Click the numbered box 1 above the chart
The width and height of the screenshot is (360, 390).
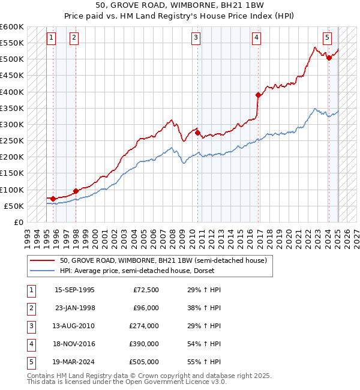(x=51, y=38)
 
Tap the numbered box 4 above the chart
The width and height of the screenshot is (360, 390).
(x=256, y=38)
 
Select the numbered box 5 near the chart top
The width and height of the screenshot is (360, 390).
(x=328, y=38)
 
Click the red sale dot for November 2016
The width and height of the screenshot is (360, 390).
(x=258, y=95)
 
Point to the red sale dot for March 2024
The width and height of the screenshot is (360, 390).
(x=329, y=58)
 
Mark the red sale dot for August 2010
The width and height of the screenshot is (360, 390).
(x=197, y=133)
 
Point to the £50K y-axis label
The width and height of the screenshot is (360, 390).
(x=14, y=206)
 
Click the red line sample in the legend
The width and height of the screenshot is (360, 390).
(x=43, y=260)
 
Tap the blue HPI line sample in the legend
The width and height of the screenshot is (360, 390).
(x=43, y=271)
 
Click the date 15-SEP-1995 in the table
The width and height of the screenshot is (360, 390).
(x=74, y=290)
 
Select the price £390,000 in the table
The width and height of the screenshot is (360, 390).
(x=144, y=344)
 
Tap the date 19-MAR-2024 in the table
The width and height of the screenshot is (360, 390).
(x=74, y=362)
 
